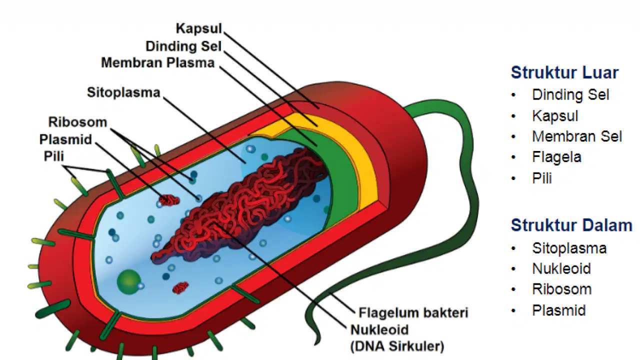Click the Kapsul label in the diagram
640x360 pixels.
click(x=199, y=29)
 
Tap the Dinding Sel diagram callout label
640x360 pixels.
click(x=183, y=46)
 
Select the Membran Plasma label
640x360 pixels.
click(x=157, y=63)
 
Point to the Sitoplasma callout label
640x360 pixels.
click(x=123, y=92)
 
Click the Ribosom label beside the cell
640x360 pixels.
click(x=77, y=122)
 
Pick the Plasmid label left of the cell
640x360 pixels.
click(x=65, y=139)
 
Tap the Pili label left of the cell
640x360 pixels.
click(x=53, y=156)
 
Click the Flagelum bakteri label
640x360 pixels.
click(x=413, y=312)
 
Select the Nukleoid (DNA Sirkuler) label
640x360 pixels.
click(x=397, y=338)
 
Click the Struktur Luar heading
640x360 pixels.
click(x=564, y=72)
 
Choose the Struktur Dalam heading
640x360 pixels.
click(x=571, y=225)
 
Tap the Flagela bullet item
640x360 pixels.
click(x=556, y=157)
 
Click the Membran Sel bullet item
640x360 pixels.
click(x=577, y=136)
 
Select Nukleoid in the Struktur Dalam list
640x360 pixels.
click(x=561, y=268)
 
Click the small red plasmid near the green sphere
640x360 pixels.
click(x=180, y=288)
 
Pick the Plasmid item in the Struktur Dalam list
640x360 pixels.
click(x=559, y=310)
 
